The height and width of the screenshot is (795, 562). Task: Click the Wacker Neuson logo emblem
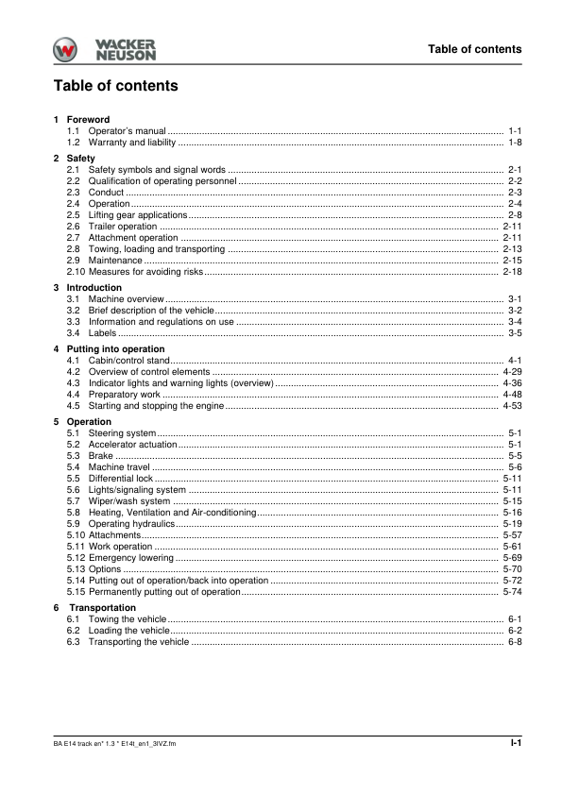tap(66, 51)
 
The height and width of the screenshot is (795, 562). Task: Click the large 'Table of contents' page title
tap(115, 86)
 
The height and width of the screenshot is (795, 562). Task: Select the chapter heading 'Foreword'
tap(88, 120)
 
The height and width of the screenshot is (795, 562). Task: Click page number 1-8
tap(515, 143)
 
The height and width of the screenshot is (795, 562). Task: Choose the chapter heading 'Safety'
tap(80, 158)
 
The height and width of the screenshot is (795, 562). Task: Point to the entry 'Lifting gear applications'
tap(138, 215)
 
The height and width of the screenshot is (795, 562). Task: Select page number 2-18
tap(513, 272)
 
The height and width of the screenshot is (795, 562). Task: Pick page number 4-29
tap(513, 372)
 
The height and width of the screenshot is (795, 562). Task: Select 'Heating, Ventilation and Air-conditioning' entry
tap(173, 513)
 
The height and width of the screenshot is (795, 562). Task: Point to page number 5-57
tap(513, 535)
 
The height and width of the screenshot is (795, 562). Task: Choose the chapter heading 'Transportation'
tap(102, 607)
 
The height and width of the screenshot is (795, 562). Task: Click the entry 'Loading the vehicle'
tap(129, 630)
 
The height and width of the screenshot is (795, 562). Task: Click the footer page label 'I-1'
tap(516, 744)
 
